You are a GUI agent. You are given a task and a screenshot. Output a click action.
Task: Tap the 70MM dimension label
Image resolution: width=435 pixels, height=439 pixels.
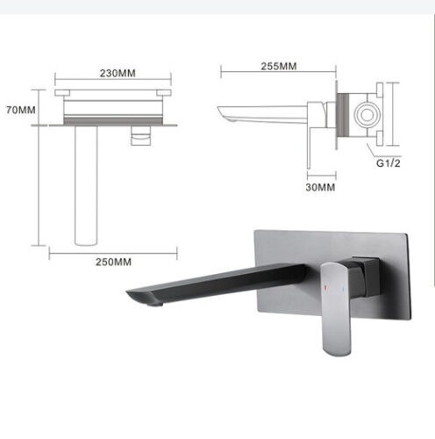[x=19, y=111]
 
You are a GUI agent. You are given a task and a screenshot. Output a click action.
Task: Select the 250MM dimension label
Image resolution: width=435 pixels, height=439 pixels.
[x=113, y=263]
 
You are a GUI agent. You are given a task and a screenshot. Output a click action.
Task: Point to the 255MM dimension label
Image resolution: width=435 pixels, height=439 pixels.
[x=278, y=66]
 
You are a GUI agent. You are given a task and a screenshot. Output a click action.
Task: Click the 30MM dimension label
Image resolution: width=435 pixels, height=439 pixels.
[x=321, y=187]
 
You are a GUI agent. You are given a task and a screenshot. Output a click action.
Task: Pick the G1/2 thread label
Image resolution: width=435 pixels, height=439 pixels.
[x=389, y=163]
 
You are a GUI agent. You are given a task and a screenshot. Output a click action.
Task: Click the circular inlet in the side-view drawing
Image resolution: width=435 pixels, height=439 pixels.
[x=366, y=116]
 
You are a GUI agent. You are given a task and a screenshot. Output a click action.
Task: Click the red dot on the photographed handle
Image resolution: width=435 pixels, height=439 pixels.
[x=331, y=288]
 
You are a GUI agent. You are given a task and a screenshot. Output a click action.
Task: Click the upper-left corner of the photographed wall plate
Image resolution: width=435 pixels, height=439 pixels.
[x=254, y=231]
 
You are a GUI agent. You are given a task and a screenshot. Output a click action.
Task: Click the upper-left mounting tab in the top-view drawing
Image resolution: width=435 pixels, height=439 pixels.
[x=62, y=91]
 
